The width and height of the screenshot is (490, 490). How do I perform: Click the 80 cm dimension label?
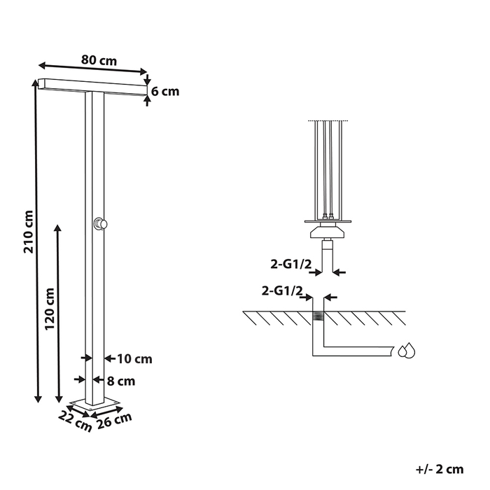coord(99,60)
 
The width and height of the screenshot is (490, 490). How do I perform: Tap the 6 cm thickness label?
coord(165,91)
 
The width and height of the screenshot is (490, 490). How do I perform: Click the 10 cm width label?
coord(134,359)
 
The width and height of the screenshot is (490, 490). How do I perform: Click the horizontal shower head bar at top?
coord(93,85)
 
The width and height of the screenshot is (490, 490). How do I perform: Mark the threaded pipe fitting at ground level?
coord(318,317)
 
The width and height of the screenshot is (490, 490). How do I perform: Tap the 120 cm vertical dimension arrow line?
coord(58,312)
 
